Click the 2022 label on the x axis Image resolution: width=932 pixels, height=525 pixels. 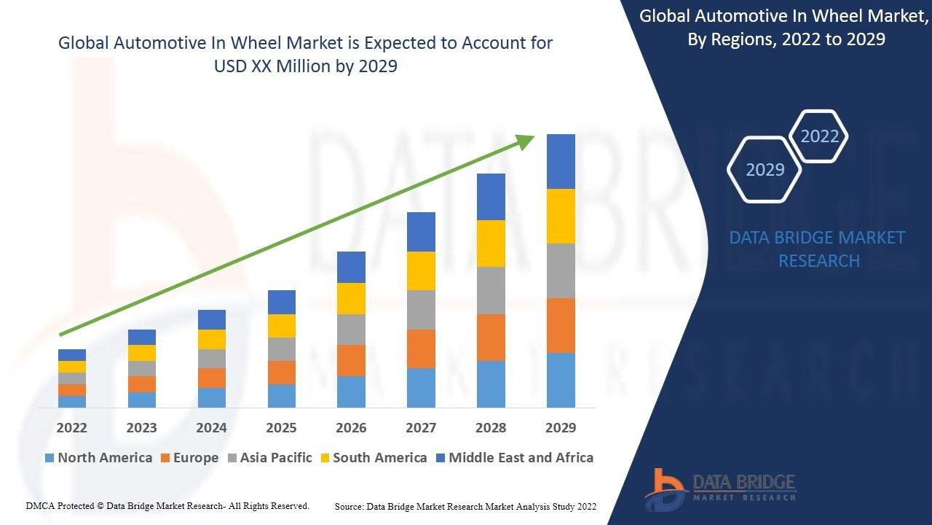click(71, 427)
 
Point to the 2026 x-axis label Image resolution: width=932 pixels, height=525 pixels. click(351, 427)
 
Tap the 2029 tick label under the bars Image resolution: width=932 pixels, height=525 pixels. click(561, 427)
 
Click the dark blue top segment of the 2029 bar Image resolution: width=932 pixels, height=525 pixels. click(561, 161)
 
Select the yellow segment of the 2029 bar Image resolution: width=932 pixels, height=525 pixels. click(561, 216)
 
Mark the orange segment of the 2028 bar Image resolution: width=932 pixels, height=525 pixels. click(491, 337)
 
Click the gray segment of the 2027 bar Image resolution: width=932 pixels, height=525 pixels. click(421, 310)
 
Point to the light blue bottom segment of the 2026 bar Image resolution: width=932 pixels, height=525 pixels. click(351, 392)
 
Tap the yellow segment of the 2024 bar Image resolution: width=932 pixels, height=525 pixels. click(211, 339)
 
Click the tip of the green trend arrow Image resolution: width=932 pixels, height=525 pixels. click(534, 136)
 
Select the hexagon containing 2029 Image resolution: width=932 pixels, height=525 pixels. click(765, 169)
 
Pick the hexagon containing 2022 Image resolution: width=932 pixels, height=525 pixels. click(819, 136)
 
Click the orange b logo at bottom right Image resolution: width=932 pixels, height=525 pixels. click(665, 487)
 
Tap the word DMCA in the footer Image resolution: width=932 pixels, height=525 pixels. click(41, 505)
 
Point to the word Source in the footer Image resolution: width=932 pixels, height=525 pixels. click(349, 506)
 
